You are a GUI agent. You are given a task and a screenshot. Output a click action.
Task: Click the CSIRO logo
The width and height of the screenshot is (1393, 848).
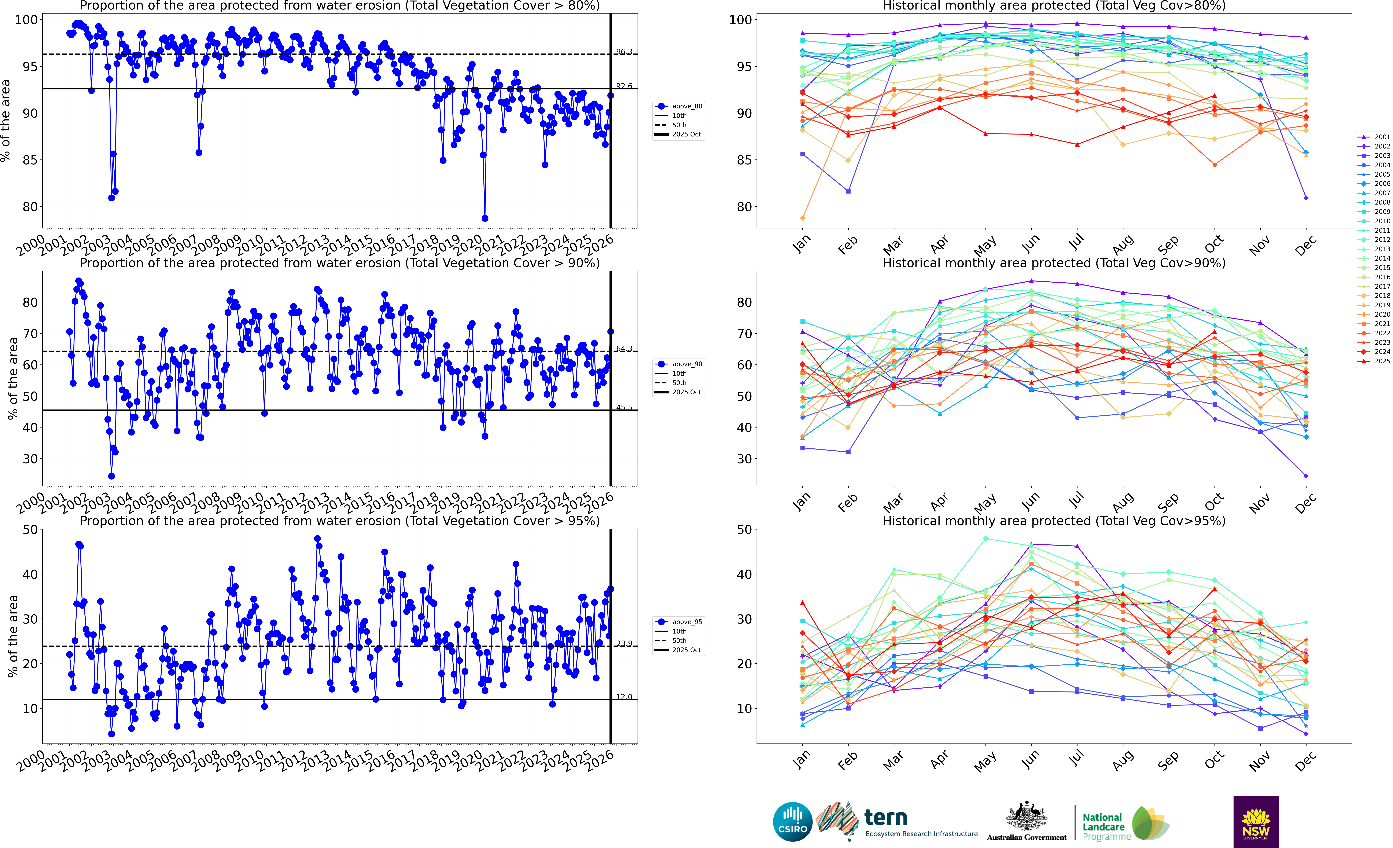click(793, 821)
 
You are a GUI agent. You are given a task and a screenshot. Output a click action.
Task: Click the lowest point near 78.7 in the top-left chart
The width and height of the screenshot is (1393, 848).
click(484, 218)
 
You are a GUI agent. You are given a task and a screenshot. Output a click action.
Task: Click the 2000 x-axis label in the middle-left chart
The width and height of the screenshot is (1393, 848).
click(31, 503)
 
